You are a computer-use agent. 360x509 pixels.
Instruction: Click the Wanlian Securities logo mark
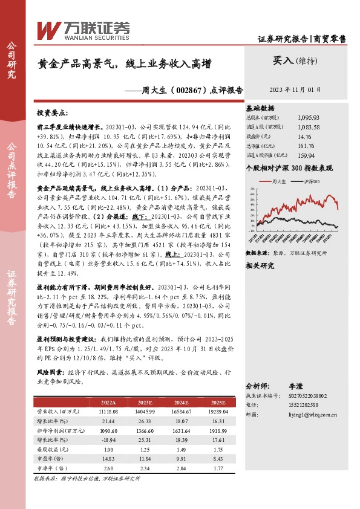[x=49, y=29]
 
